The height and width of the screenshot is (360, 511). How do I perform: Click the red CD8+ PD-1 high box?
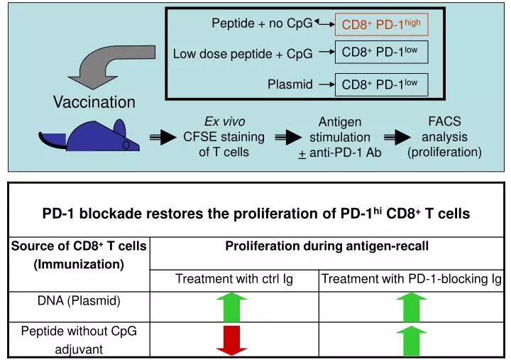[x=381, y=25]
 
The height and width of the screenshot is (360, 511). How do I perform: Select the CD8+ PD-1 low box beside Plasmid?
[x=381, y=84]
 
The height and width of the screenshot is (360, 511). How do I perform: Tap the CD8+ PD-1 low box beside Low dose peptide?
[x=381, y=52]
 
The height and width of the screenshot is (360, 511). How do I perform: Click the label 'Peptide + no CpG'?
[x=262, y=23]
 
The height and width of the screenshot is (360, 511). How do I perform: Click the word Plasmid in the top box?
[x=290, y=84]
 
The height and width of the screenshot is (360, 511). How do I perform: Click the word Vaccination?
[x=94, y=102]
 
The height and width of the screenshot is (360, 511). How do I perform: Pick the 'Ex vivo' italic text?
[x=224, y=121]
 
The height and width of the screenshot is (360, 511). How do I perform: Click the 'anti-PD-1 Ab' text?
[x=345, y=152]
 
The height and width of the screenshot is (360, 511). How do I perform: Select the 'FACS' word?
[x=445, y=121]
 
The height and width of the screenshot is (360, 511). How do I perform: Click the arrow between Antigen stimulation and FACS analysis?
[x=398, y=137]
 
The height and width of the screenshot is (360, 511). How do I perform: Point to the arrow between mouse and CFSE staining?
[x=162, y=137]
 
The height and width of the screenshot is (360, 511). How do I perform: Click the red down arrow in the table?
[x=232, y=340]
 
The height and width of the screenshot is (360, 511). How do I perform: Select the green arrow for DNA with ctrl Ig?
[x=232, y=306]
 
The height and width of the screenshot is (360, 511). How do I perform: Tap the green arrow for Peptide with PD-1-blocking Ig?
[x=412, y=340]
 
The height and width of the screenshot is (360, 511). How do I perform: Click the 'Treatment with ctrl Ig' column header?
[x=234, y=279]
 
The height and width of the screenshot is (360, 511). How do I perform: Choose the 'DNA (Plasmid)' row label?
[x=79, y=300]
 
